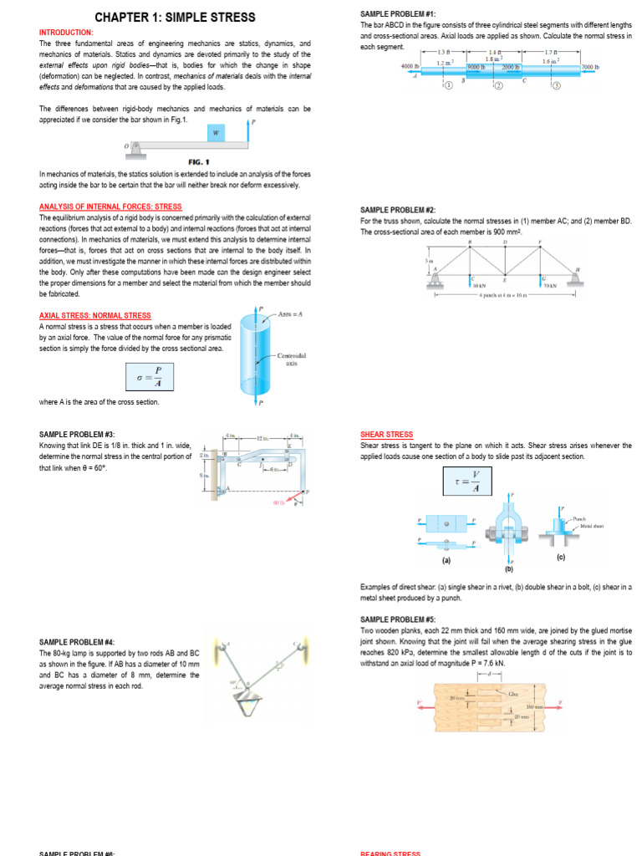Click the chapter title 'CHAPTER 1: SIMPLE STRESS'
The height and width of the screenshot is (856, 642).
(175, 18)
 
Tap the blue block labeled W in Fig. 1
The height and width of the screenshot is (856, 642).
(216, 132)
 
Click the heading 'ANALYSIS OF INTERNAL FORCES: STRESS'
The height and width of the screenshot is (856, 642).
(110, 206)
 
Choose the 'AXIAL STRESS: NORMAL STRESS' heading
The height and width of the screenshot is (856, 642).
(95, 316)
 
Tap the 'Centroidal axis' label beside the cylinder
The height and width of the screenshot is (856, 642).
(292, 359)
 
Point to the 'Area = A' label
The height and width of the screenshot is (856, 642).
(289, 313)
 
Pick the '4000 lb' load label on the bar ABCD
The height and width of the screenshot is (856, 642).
(410, 65)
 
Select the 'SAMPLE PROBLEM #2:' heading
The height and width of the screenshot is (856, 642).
(398, 210)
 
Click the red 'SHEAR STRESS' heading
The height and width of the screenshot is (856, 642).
(386, 435)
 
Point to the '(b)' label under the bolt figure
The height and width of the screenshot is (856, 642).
(508, 568)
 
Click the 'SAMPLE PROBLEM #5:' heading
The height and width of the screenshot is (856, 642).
(398, 619)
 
